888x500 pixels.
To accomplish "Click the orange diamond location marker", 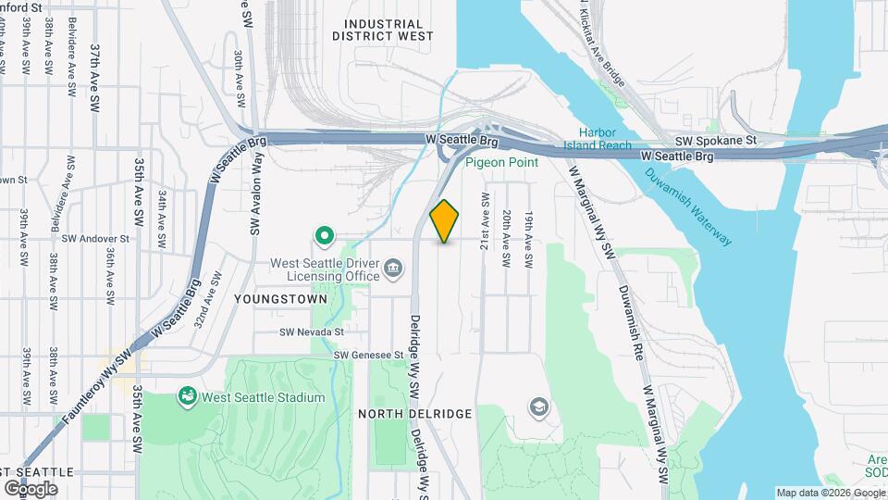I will (x=445, y=221).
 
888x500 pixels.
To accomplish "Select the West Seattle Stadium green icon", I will (x=188, y=397).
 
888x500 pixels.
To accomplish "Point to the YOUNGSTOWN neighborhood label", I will (x=281, y=300).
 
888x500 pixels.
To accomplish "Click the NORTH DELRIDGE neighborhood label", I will (x=415, y=413).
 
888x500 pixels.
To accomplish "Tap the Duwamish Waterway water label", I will (x=689, y=206).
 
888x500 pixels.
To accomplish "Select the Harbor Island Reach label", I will (x=605, y=138).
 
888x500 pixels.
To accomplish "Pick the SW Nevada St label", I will (x=312, y=331).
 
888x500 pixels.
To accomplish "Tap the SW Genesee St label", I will (x=369, y=355).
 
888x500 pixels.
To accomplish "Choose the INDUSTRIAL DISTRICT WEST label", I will (x=383, y=30).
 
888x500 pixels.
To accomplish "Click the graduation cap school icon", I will (x=537, y=407).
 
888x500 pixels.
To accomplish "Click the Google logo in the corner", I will (x=31, y=488).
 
